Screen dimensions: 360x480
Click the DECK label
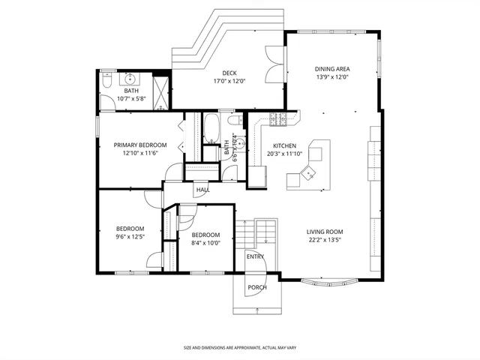229,73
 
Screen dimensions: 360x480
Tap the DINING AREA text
332,69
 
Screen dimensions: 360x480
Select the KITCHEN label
284,145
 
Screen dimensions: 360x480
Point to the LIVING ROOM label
325,232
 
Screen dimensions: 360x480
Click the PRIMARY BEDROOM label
139,145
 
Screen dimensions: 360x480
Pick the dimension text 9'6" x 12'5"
130,237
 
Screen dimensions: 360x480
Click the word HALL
202,190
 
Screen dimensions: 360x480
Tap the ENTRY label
255,257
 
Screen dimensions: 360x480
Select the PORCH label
256,286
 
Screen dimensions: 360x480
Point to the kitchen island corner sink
309,175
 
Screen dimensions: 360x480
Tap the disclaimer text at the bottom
239,348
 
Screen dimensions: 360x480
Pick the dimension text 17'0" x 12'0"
229,81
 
